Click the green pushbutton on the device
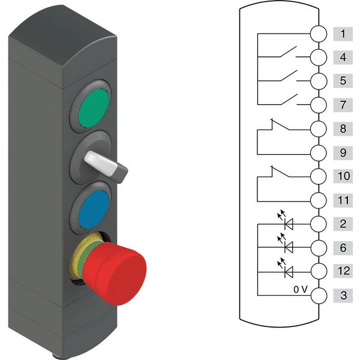(94, 108)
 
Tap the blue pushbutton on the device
(93, 209)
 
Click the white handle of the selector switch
(101, 163)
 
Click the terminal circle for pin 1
(319, 34)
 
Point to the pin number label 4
(343, 57)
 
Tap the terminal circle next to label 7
(319, 105)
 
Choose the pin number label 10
(343, 176)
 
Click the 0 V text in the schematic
(301, 290)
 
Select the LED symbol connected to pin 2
(286, 221)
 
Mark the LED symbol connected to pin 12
(286, 269)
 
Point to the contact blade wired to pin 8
(280, 125)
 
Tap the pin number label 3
(343, 295)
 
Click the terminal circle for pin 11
(319, 200)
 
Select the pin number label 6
(343, 248)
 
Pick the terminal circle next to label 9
(319, 152)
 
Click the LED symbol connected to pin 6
(286, 245)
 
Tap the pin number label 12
(343, 271)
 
